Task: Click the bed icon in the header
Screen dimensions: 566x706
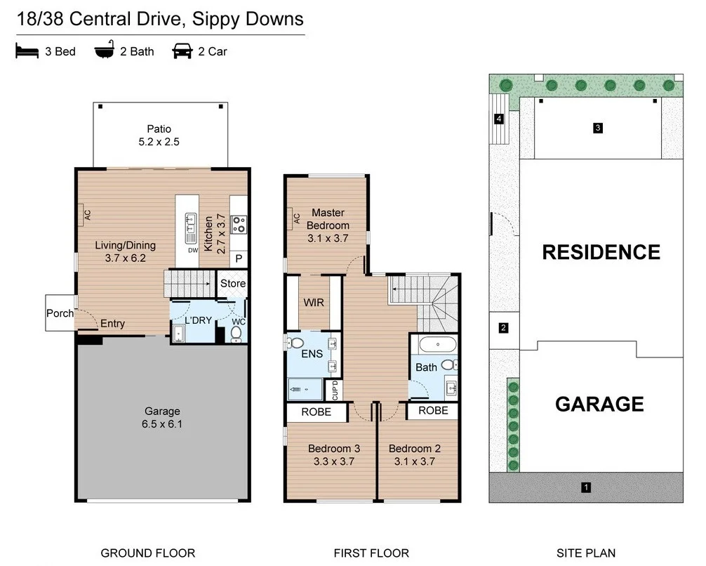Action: point(27,51)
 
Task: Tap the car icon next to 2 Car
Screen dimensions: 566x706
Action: point(182,51)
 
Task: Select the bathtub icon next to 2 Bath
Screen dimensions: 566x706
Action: point(105,51)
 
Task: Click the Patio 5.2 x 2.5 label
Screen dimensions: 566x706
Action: point(159,135)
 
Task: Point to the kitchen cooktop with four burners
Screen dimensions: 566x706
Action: point(239,224)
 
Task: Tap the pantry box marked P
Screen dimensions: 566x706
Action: point(239,259)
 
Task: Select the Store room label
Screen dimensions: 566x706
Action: point(233,284)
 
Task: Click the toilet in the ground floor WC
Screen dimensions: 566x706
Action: point(237,332)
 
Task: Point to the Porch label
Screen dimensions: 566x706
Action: point(60,313)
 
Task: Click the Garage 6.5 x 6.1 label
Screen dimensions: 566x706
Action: point(162,417)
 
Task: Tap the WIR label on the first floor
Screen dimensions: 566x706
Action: point(313,303)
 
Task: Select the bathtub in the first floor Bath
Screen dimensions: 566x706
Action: point(437,345)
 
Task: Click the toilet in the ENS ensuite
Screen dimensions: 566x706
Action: point(295,343)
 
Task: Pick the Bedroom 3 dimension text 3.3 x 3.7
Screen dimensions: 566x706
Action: point(334,461)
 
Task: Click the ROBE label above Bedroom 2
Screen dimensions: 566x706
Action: point(433,411)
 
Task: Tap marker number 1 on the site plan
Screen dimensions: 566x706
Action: point(587,487)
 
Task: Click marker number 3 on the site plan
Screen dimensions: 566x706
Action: point(597,128)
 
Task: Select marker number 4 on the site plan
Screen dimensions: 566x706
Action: point(499,119)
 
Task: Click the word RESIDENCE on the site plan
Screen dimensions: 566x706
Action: point(601,252)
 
